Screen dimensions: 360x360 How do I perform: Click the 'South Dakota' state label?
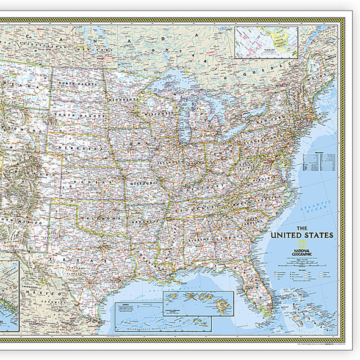coord(73,114)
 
